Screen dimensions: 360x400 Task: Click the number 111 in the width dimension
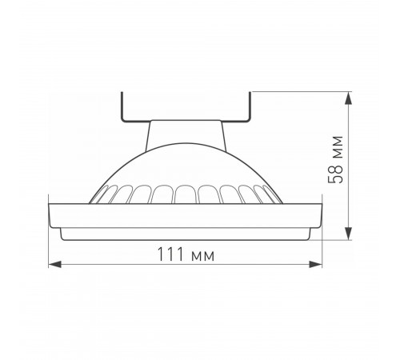click(168, 254)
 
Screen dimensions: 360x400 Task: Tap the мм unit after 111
click(200, 254)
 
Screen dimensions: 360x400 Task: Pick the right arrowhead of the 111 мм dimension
click(318, 265)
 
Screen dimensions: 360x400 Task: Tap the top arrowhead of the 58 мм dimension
click(350, 97)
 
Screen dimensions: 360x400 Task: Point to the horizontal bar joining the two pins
click(187, 120)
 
